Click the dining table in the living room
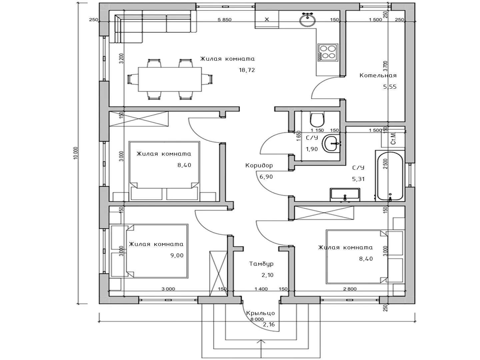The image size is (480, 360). click(x=170, y=79)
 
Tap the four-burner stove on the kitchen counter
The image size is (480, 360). click(x=328, y=52)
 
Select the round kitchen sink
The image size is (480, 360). click(x=307, y=20)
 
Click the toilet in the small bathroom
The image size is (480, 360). click(x=317, y=120)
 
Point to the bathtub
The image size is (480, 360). click(x=390, y=176)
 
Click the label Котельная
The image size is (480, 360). click(x=378, y=76)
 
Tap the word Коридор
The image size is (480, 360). click(x=259, y=165)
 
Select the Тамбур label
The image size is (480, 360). click(x=261, y=264)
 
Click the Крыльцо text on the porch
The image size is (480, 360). click(x=260, y=313)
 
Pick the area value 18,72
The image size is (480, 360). click(x=247, y=70)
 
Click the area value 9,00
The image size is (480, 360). click(x=177, y=255)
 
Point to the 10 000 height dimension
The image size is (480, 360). click(x=76, y=153)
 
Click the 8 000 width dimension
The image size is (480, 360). click(x=257, y=319)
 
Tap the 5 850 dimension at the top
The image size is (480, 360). click(x=224, y=20)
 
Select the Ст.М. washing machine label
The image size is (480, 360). click(x=393, y=139)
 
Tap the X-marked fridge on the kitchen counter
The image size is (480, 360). click(x=267, y=19)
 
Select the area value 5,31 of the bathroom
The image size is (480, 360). click(x=358, y=179)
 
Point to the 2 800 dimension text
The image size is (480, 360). click(x=350, y=289)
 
